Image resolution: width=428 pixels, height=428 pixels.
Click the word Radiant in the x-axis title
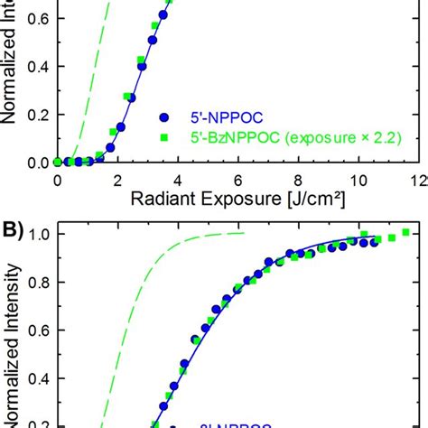click(x=166, y=198)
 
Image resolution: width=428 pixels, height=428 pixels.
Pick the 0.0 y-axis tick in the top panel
click(x=37, y=163)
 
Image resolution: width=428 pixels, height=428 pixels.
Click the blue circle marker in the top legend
click(x=163, y=116)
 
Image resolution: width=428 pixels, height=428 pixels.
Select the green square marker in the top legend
click(x=163, y=137)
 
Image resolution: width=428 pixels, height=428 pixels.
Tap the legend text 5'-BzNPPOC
click(x=228, y=138)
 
